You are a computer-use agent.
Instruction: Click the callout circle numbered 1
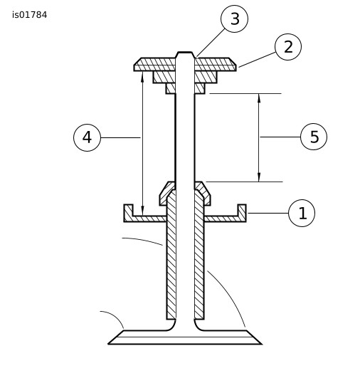302,213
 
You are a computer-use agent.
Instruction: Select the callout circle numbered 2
288,47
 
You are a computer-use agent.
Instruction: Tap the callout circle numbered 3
234,19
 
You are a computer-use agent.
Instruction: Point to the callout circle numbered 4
87,137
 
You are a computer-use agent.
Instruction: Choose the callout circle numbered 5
314,137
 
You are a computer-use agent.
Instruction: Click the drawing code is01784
30,15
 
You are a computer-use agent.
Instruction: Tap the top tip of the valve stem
185,52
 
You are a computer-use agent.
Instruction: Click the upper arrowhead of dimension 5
259,98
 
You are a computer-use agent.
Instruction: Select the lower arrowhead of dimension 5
259,178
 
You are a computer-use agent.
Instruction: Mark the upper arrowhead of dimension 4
142,75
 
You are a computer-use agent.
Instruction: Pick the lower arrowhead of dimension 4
142,211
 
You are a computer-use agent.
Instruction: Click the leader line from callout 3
211,43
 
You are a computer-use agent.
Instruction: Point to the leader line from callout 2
257,60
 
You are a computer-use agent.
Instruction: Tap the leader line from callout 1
268,213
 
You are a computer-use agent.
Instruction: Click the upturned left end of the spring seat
128,213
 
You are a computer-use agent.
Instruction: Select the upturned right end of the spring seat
242,213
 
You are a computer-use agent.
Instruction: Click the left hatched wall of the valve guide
171,254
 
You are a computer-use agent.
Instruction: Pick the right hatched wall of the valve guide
199,254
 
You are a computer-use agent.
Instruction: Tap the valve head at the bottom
185,337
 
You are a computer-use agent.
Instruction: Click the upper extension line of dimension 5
245,94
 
